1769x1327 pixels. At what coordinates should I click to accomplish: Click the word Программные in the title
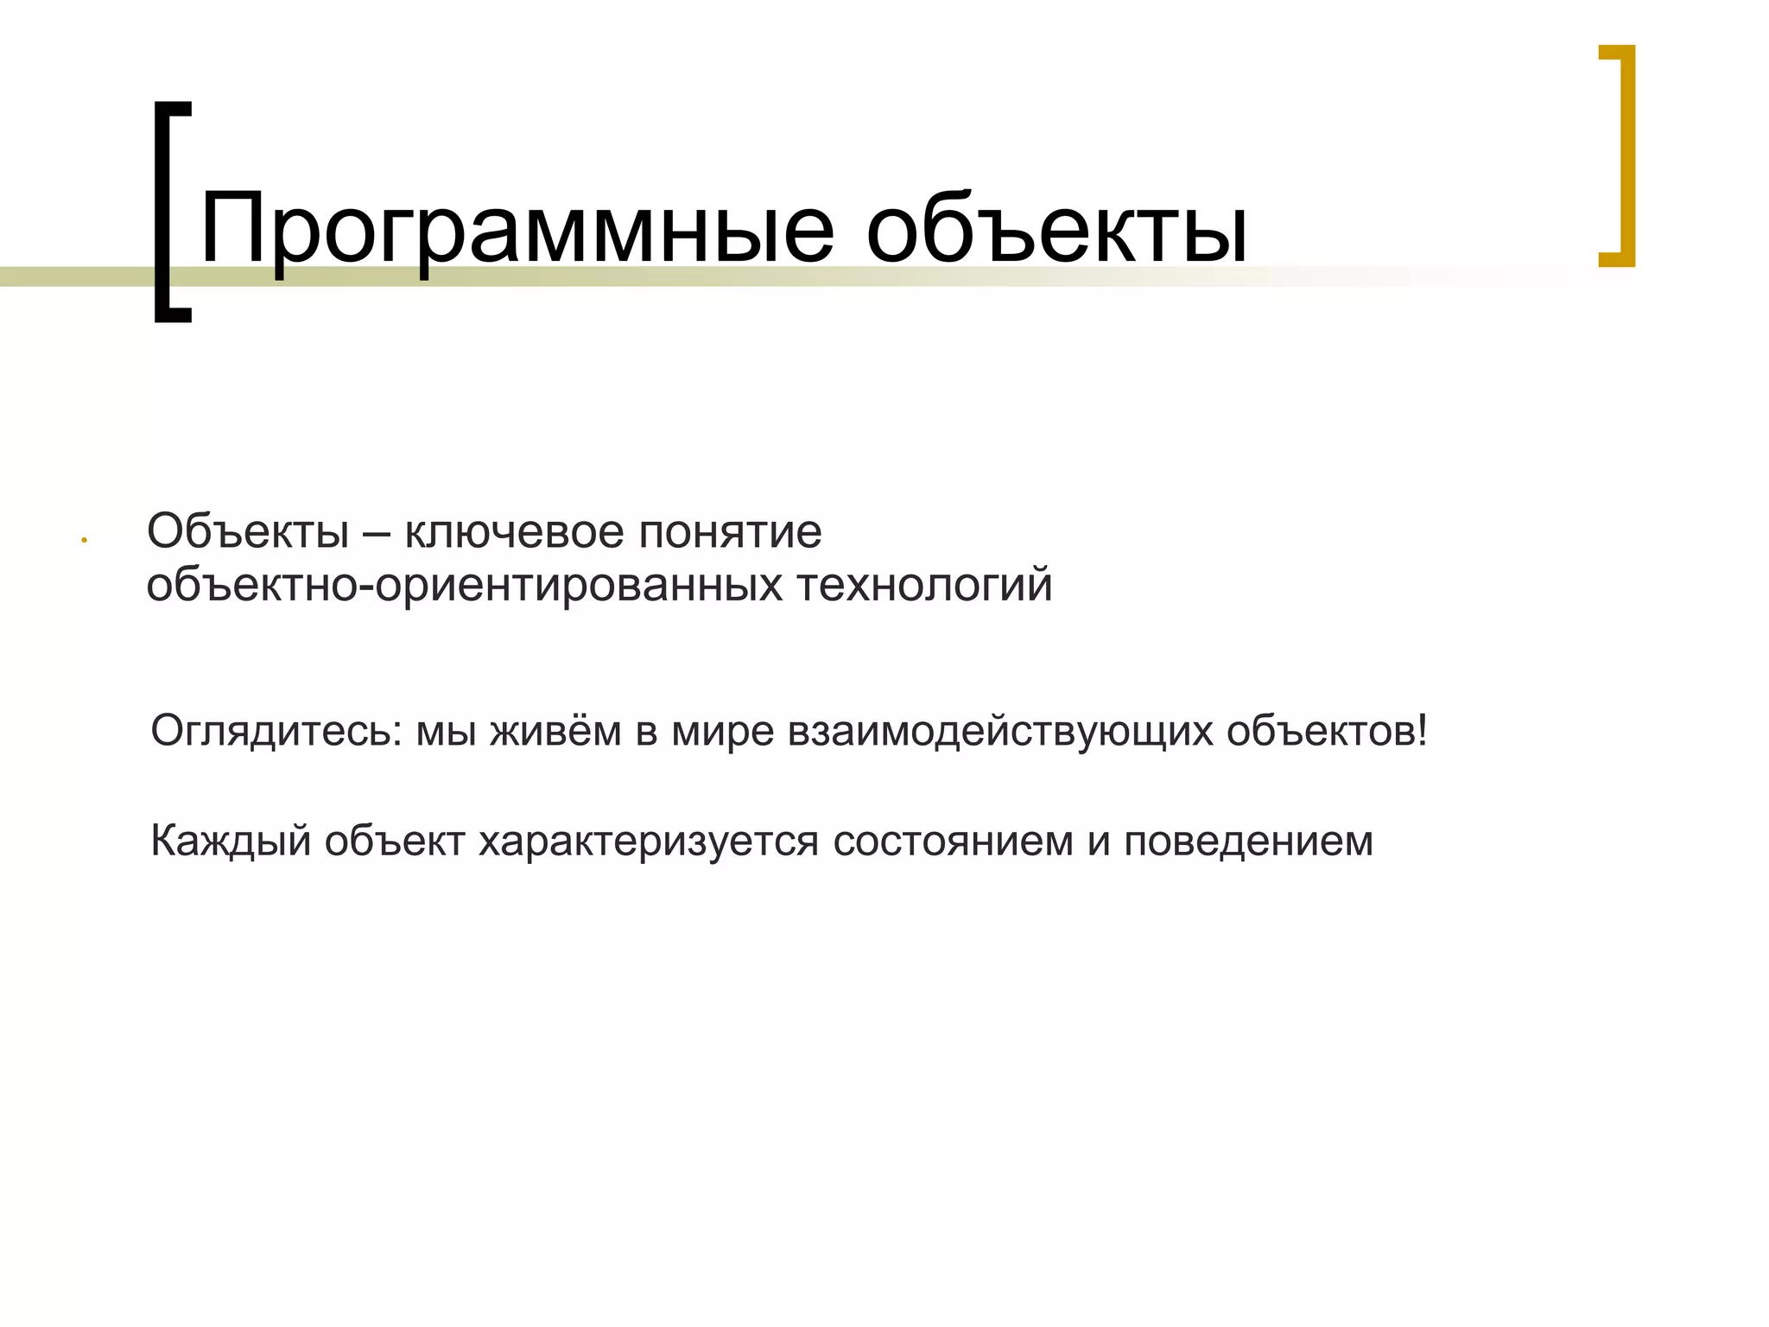click(517, 230)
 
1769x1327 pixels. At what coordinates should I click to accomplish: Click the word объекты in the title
click(1056, 230)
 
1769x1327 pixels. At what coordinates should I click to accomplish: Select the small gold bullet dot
click(85, 541)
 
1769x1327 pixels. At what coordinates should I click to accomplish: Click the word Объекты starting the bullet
click(248, 531)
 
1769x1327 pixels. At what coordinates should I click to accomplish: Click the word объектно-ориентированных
click(463, 586)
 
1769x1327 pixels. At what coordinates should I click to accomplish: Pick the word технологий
click(924, 586)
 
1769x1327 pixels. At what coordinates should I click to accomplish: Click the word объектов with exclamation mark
click(1328, 731)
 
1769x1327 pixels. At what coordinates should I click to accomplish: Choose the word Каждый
click(230, 841)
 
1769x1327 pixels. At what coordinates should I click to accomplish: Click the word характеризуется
click(648, 841)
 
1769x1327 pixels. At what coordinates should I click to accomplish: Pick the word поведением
click(1248, 841)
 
